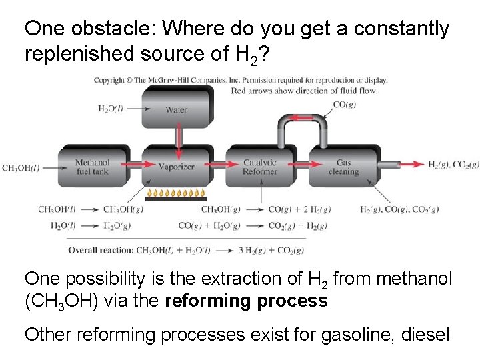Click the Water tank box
177,110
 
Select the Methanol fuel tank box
91,167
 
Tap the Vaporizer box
176,167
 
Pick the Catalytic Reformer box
260,167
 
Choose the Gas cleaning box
343,167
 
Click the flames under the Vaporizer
176,194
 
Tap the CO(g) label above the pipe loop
345,104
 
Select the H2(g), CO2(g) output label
453,165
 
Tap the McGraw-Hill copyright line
240,80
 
